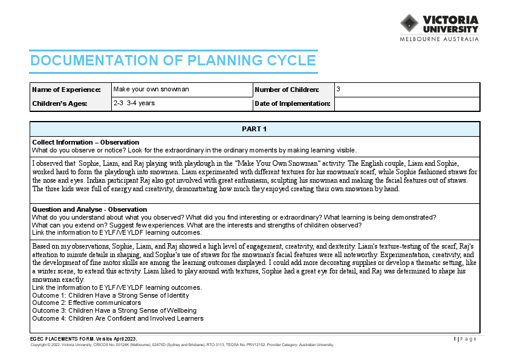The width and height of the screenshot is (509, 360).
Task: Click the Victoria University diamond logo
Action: pyautogui.click(x=409, y=24)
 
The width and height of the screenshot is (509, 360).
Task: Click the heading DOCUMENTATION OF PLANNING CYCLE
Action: pyautogui.click(x=173, y=61)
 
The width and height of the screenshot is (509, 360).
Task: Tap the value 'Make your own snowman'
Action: pyautogui.click(x=151, y=89)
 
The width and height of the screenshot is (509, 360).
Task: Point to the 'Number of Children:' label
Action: pyautogui.click(x=287, y=90)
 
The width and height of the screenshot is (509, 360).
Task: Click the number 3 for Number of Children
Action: pyautogui.click(x=339, y=89)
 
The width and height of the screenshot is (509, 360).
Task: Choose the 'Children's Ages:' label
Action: pyautogui.click(x=59, y=103)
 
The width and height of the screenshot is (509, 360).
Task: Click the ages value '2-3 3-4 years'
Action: pyautogui.click(x=134, y=103)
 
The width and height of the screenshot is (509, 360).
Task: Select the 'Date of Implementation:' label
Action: pyautogui.click(x=293, y=103)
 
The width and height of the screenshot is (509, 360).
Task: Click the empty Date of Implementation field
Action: pyautogui.click(x=406, y=103)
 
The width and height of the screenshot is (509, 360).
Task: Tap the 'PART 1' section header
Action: pyautogui.click(x=254, y=129)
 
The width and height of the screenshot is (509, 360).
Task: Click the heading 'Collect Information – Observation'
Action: pyautogui.click(x=85, y=142)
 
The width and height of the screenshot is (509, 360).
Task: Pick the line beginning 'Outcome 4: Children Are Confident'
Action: pyautogui.click(x=118, y=318)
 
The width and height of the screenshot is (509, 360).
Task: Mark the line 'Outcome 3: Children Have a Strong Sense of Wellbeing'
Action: pyautogui.click(x=114, y=310)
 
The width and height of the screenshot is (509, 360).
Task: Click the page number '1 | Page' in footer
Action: pyautogui.click(x=465, y=339)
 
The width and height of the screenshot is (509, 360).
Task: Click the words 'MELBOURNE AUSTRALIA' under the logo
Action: pyautogui.click(x=439, y=39)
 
